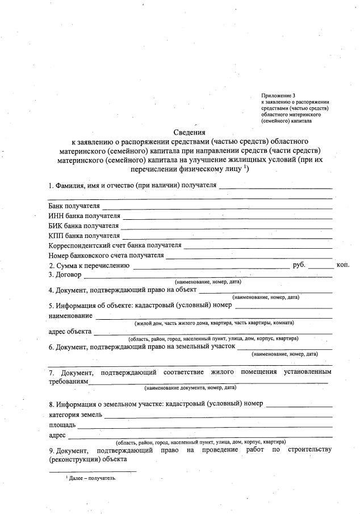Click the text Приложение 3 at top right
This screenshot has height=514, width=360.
[x=278, y=95]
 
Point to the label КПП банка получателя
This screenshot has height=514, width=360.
[x=84, y=235]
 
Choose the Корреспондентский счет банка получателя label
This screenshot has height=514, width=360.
[x=115, y=245]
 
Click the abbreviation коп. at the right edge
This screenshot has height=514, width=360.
[x=343, y=265]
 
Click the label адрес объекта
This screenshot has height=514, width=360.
[x=69, y=332]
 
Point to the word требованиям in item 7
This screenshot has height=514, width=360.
[x=69, y=382]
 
